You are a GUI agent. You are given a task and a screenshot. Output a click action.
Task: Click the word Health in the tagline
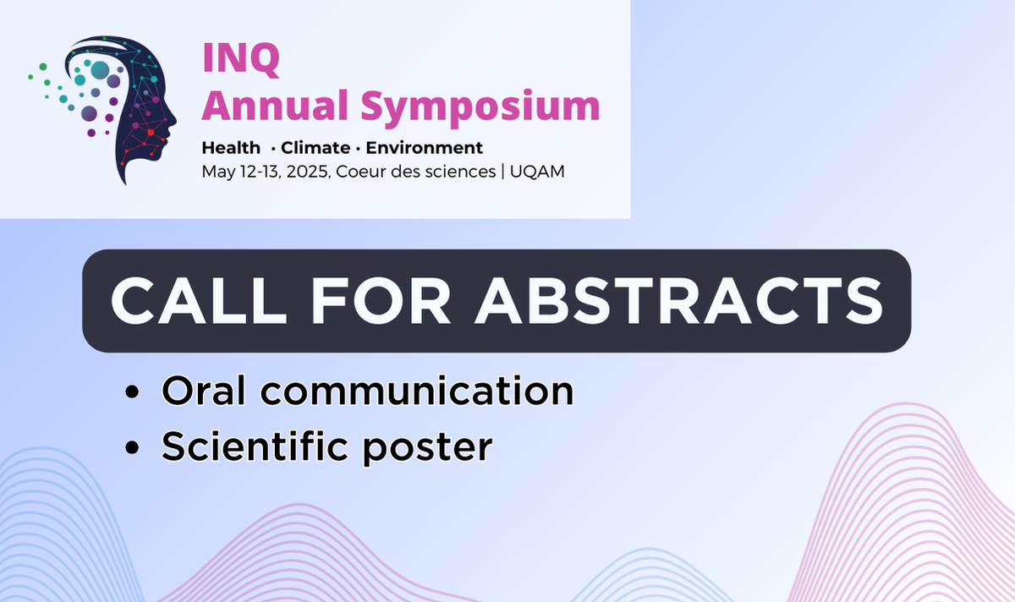click(x=231, y=148)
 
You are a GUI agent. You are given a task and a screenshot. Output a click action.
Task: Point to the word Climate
click(x=315, y=148)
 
